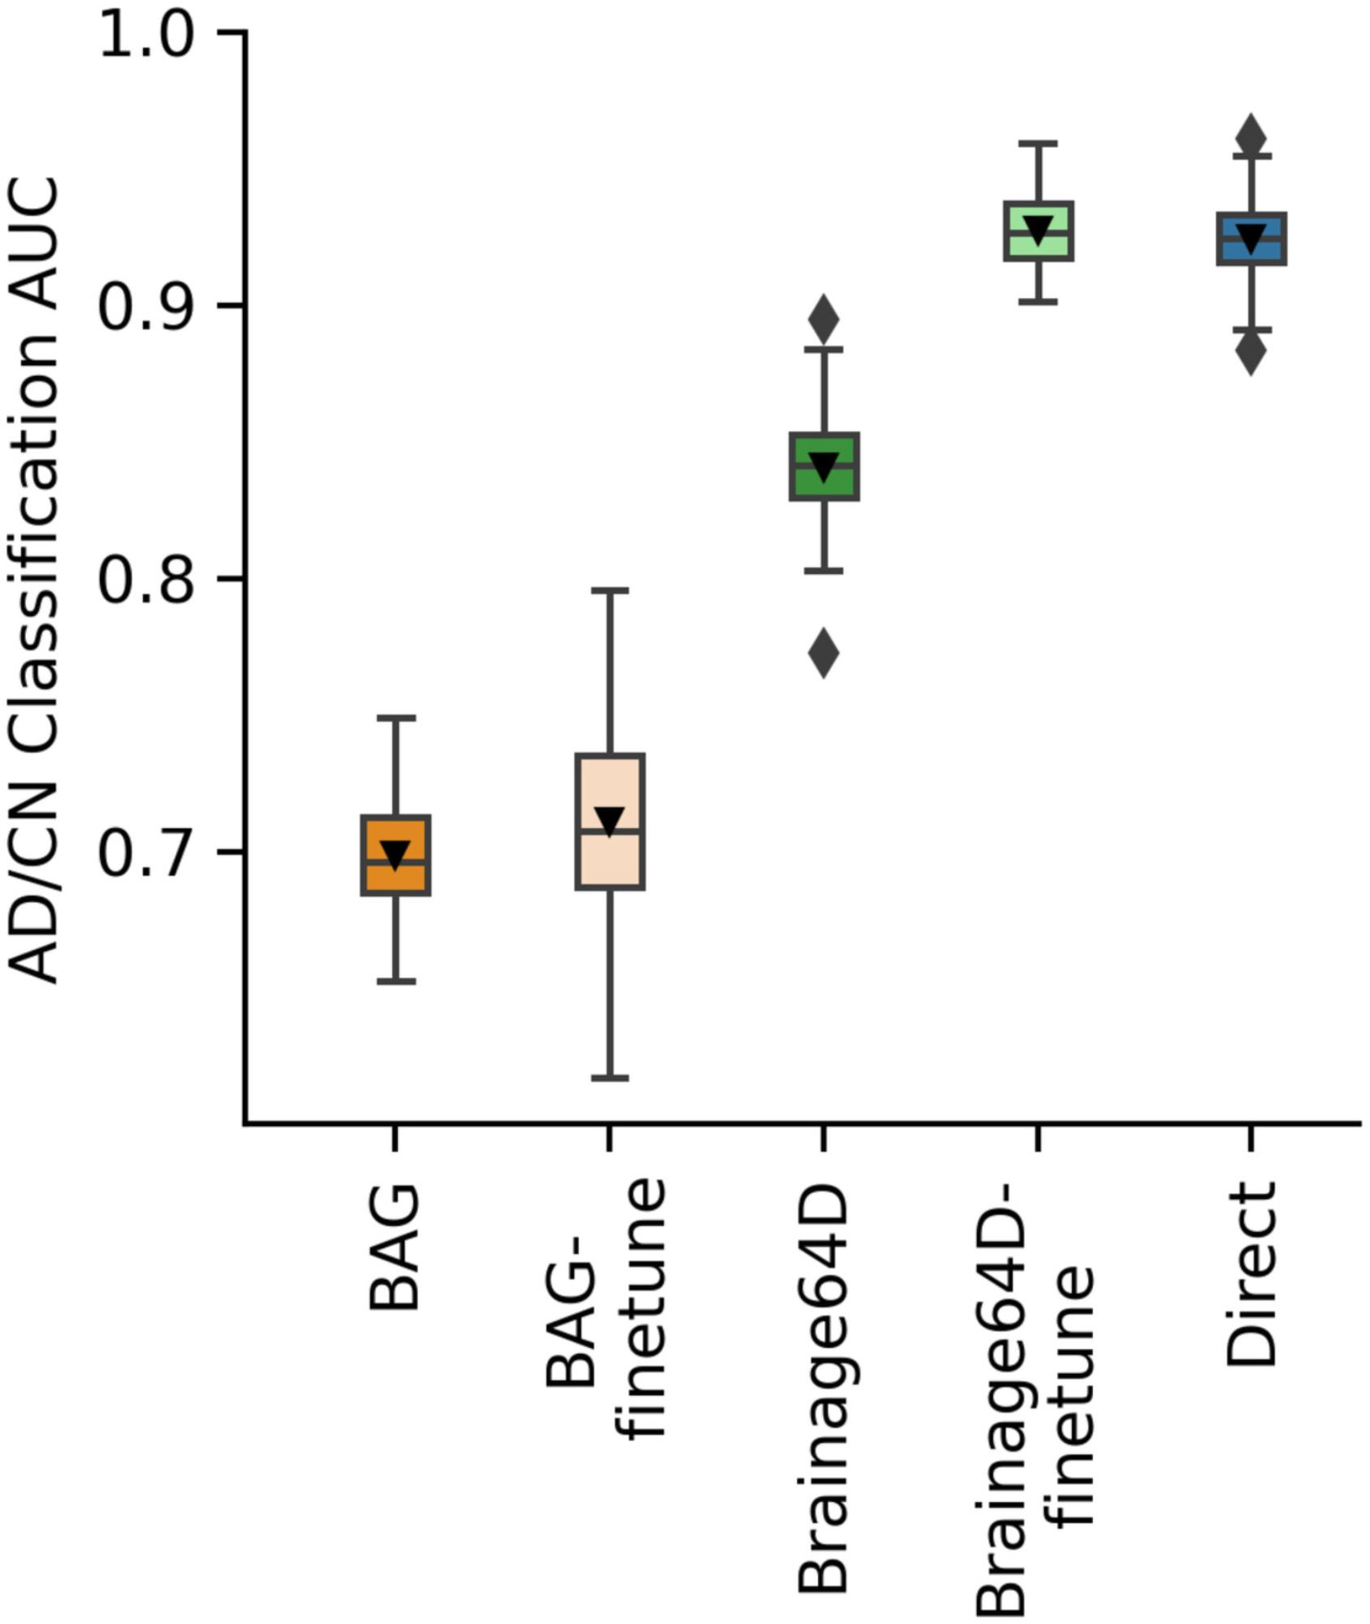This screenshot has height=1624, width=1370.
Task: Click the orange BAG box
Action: (x=395, y=877)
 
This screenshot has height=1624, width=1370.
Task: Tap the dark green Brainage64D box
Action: (x=824, y=484)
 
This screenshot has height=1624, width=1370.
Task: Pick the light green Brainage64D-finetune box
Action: (x=1039, y=244)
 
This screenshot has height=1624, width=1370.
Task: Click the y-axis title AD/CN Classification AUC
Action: (x=34, y=580)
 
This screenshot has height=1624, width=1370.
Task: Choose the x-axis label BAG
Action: (x=395, y=1247)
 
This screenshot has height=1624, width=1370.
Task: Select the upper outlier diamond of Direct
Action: (x=1251, y=136)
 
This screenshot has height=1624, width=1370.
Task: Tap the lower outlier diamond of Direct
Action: (x=1251, y=352)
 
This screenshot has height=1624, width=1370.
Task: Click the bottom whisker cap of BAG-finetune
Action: (x=610, y=1078)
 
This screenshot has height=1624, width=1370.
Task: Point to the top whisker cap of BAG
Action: (x=395, y=718)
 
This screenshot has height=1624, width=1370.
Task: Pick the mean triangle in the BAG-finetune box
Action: (x=610, y=821)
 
